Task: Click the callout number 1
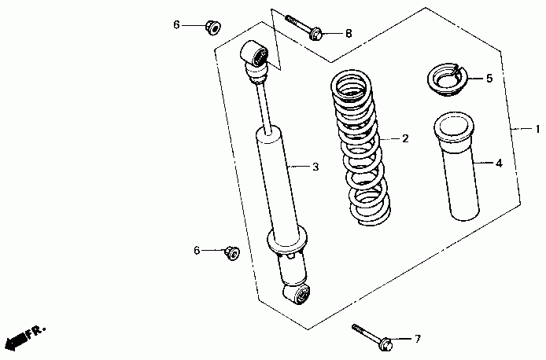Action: pyautogui.click(x=537, y=129)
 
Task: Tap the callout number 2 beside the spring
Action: pyautogui.click(x=405, y=139)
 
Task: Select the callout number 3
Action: pyautogui.click(x=315, y=167)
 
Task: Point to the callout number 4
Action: pyautogui.click(x=499, y=163)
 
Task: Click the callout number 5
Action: pyautogui.click(x=489, y=79)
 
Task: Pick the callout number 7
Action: pyautogui.click(x=418, y=339)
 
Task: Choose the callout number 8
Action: pyautogui.click(x=349, y=33)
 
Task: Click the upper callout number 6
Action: pyautogui.click(x=177, y=25)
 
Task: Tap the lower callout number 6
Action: pyautogui.click(x=197, y=251)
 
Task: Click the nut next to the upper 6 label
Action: pyautogui.click(x=212, y=28)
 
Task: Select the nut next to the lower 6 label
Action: pyautogui.click(x=232, y=253)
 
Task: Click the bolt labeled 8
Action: pyautogui.click(x=303, y=28)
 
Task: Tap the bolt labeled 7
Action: pyautogui.click(x=372, y=336)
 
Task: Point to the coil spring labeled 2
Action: pyautogui.click(x=361, y=148)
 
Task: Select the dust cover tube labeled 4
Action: pyautogui.click(x=456, y=167)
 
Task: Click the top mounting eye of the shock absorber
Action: pyautogui.click(x=255, y=54)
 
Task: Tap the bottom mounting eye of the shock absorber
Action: pyautogui.click(x=297, y=294)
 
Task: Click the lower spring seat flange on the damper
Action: pyautogui.click(x=287, y=241)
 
